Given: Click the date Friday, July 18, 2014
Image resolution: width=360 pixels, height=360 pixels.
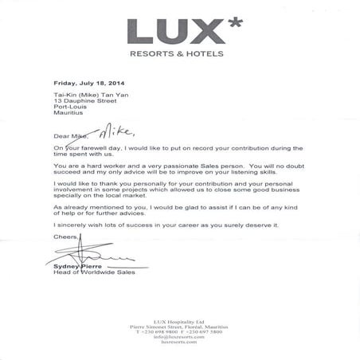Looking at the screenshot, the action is click(x=89, y=83).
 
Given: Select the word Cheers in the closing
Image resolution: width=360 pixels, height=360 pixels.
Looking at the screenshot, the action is click(x=65, y=237).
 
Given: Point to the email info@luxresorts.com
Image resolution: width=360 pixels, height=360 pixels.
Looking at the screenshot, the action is click(x=180, y=337).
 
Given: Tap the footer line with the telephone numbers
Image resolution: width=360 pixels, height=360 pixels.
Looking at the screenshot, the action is click(x=180, y=331).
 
